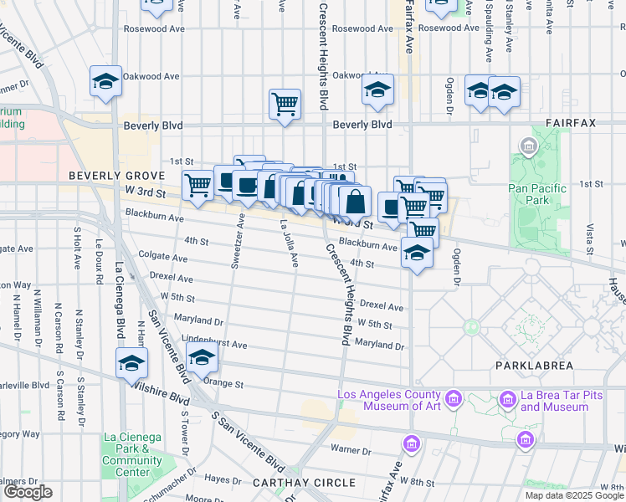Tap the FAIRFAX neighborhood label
click(571, 122)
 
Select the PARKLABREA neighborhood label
click(533, 366)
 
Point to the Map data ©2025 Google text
click(573, 495)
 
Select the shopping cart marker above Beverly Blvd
click(285, 105)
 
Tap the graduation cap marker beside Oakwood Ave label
click(105, 81)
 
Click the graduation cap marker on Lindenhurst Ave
click(202, 358)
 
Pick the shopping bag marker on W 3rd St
click(355, 201)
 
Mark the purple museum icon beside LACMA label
click(454, 396)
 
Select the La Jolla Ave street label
click(289, 243)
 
